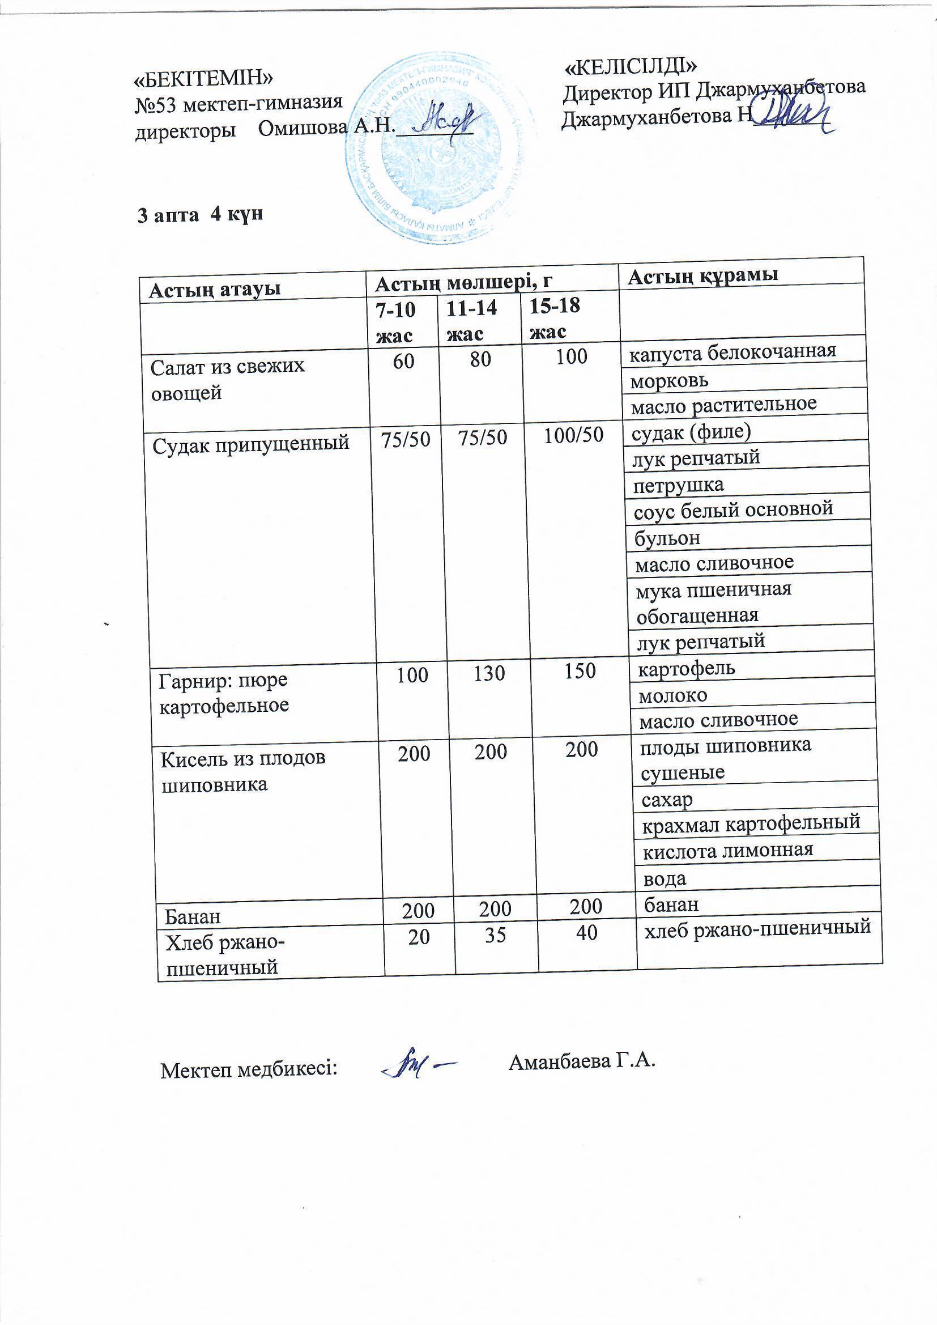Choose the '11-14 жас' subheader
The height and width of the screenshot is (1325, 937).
472,321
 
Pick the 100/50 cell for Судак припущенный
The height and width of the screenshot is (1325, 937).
573,435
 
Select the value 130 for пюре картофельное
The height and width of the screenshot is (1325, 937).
489,673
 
